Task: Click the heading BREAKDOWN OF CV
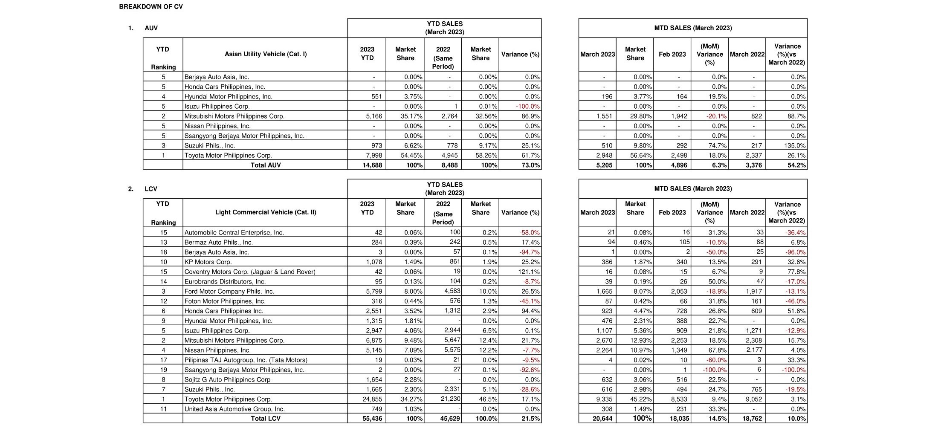click(x=151, y=7)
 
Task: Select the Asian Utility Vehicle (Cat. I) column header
click(x=266, y=54)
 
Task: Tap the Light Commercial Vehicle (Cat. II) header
click(x=266, y=212)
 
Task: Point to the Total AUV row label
click(x=266, y=165)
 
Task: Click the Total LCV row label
click(x=266, y=418)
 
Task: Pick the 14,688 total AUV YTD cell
click(x=372, y=165)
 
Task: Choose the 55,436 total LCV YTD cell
click(x=372, y=418)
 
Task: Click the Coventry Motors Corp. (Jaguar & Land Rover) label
click(x=250, y=272)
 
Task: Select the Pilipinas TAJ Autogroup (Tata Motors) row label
click(x=246, y=360)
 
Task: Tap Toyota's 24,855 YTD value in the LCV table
click(x=372, y=399)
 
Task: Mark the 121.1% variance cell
click(x=529, y=272)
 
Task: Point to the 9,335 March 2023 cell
click(x=602, y=399)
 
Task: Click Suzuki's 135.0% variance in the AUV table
click(x=795, y=145)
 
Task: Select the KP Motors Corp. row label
click(x=208, y=262)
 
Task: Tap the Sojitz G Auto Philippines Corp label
click(x=227, y=379)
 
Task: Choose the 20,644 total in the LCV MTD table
click(x=602, y=418)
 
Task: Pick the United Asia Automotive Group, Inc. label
click(x=234, y=409)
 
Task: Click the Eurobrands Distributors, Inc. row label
click(x=225, y=281)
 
